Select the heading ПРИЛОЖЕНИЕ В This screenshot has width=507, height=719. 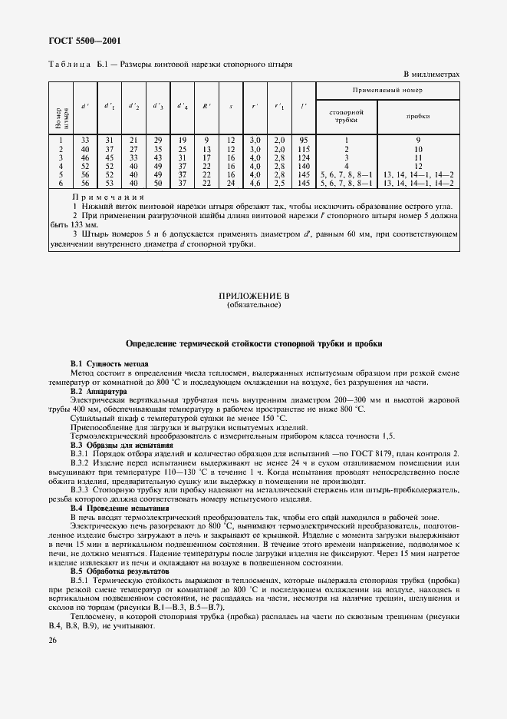coord(253,296)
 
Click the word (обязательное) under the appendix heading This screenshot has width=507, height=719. coord(253,305)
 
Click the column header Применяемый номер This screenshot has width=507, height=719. coord(387,91)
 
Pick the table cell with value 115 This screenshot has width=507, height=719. coord(303,148)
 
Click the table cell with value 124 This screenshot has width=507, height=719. coord(303,157)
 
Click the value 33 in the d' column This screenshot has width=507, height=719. coord(85,140)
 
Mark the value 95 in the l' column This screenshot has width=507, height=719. coord(303,140)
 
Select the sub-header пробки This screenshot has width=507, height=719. coord(418,115)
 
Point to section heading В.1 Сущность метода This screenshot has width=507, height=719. coord(110,363)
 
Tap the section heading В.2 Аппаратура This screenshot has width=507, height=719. coord(100,391)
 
